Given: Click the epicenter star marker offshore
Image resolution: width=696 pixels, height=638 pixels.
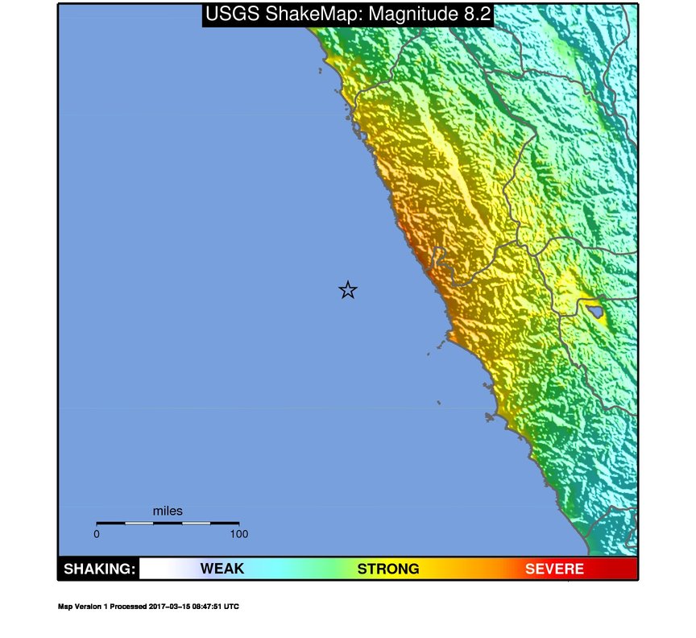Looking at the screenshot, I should [x=347, y=290].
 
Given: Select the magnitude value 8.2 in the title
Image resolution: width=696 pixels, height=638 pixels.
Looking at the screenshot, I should [x=474, y=14].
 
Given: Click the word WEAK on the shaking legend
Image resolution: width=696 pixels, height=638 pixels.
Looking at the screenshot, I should [x=222, y=569].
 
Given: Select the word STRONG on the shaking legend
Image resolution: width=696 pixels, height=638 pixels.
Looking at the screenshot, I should [x=388, y=569].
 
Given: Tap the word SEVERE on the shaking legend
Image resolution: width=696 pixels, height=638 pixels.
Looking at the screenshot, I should [x=554, y=569].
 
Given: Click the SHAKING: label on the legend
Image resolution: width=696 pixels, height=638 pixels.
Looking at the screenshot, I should [x=99, y=569].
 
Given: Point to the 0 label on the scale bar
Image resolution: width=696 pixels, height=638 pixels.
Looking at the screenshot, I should [x=97, y=533].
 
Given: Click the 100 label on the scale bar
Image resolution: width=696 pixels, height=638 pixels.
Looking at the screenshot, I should [x=238, y=533].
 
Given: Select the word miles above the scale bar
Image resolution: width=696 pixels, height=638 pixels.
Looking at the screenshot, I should [x=168, y=511].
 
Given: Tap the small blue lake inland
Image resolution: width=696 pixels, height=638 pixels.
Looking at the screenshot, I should [x=594, y=309].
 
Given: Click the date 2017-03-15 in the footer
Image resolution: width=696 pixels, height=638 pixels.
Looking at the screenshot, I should [x=169, y=607].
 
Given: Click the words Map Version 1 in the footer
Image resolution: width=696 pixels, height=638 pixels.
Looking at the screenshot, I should [x=84, y=607].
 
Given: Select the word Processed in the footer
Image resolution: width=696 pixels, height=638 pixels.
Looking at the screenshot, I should [x=129, y=607].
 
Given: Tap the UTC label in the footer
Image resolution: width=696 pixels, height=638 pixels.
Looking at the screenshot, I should [x=232, y=607].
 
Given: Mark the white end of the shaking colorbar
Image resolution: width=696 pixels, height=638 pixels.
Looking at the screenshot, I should [x=150, y=569].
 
